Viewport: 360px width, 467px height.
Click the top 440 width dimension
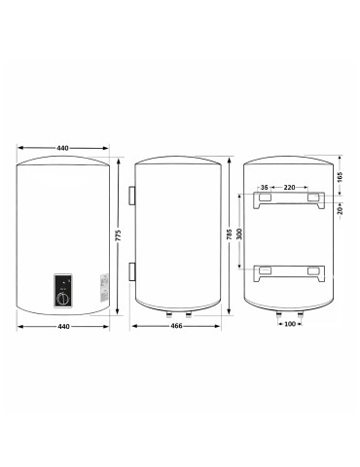point(62,147)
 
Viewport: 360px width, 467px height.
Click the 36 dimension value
point(264,189)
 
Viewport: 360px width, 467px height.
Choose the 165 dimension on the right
point(338,177)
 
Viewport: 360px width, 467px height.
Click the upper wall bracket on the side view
point(129,197)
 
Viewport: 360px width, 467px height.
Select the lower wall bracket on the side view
point(129,269)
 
